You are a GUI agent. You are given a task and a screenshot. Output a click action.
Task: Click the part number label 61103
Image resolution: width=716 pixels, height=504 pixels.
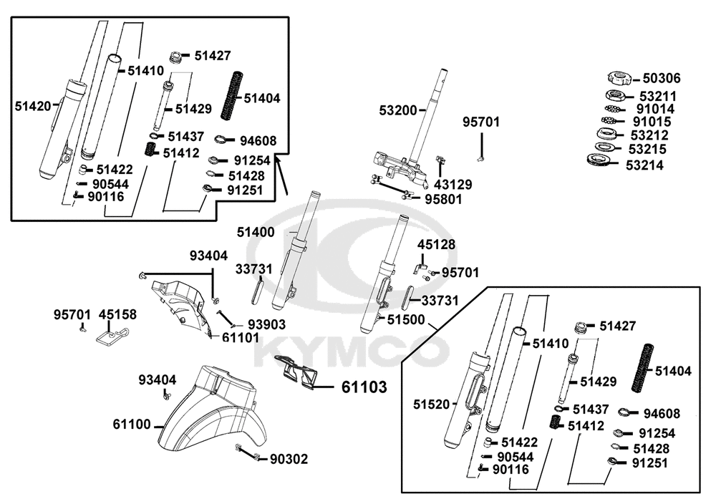[x=364, y=387]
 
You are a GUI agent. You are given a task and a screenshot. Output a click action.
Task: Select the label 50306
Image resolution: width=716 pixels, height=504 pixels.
[x=661, y=79]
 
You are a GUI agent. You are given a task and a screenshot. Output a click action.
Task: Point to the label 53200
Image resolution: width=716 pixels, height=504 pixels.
[x=397, y=110]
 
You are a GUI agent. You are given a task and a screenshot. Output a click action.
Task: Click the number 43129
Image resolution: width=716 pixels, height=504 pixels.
[x=453, y=184]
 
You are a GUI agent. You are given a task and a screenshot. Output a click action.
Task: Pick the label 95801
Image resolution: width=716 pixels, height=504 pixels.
[x=443, y=198]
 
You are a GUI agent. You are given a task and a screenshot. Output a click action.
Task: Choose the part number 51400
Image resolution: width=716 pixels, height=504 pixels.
[x=256, y=232]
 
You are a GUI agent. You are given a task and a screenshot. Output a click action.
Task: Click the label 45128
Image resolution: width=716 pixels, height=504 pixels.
[x=437, y=245]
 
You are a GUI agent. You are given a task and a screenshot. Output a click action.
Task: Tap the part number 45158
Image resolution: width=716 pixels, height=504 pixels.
[x=117, y=314]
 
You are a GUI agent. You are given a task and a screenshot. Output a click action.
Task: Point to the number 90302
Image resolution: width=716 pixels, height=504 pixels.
[x=289, y=459]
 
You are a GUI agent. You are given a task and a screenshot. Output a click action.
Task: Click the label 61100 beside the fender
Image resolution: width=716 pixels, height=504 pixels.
[x=132, y=425]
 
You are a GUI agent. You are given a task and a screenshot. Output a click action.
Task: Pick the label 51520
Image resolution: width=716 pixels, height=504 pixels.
[x=431, y=404]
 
